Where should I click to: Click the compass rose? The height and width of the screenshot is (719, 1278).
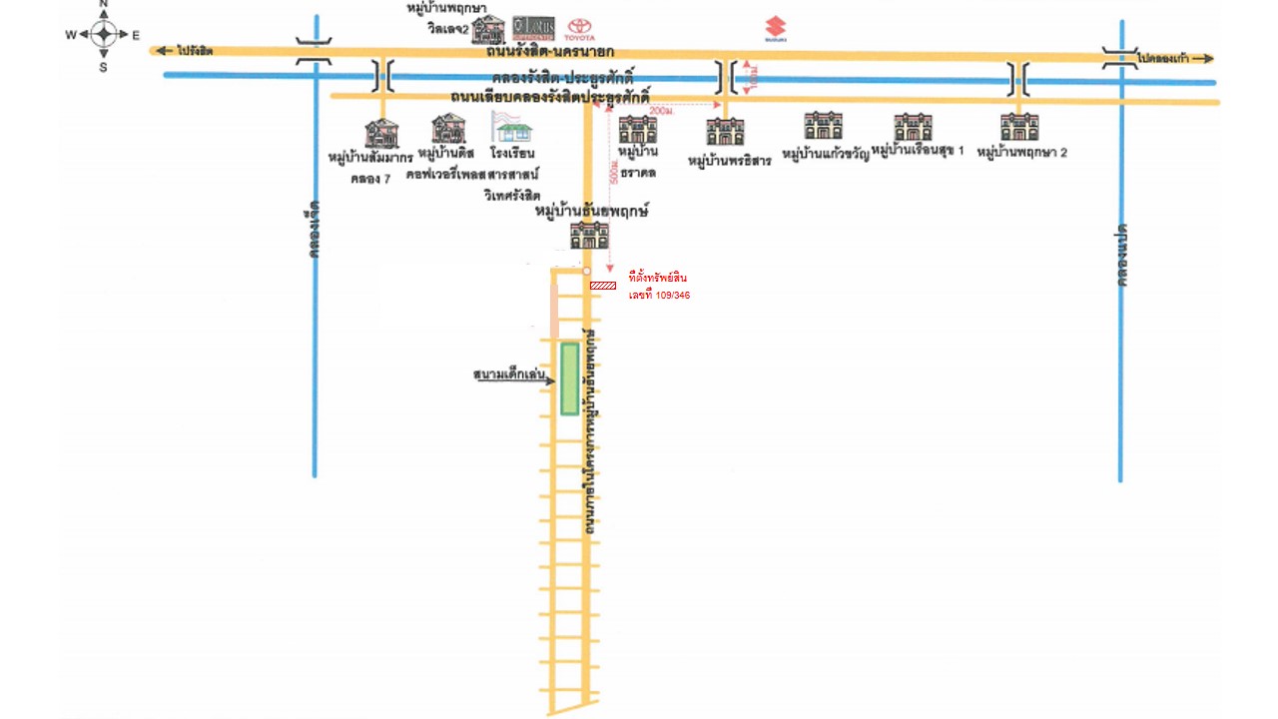point(103,34)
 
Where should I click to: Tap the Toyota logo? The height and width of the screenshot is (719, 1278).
point(580,29)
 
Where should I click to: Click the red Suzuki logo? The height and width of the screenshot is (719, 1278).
point(776,29)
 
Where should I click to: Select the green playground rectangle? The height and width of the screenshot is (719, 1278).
point(569,378)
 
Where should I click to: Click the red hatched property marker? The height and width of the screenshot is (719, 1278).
point(602,286)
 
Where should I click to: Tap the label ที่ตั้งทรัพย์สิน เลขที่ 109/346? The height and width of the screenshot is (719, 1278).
point(659,286)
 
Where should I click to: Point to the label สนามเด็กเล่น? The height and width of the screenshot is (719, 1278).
point(509,375)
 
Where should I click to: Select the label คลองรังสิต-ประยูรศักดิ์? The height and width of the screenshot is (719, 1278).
point(563,78)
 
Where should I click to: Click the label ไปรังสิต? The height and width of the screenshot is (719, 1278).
point(195,50)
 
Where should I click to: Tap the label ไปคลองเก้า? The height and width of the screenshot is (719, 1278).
point(1162,59)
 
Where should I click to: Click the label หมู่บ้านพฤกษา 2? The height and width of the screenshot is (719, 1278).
point(1022,153)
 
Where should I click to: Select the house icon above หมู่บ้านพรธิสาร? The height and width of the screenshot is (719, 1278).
point(725,132)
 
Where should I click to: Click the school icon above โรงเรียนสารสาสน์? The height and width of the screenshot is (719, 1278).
point(512,127)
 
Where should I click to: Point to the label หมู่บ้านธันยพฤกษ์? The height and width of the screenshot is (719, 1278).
point(592,212)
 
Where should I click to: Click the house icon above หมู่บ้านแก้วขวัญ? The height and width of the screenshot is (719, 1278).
point(823,126)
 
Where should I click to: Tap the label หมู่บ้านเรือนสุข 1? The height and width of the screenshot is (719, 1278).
point(918,151)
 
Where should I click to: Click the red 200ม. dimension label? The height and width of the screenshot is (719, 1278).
point(661,111)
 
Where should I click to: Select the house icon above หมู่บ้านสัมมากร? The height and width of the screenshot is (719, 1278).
point(381,134)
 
